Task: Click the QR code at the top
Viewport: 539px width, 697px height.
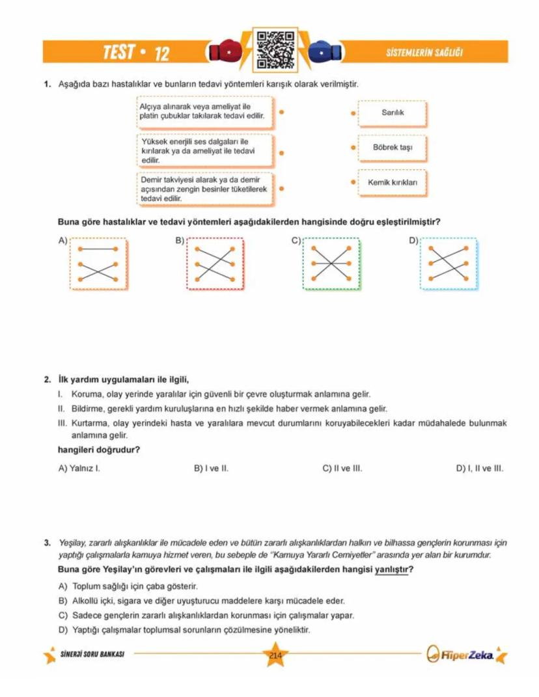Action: [274, 50]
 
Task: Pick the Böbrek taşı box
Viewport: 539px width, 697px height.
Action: [393, 148]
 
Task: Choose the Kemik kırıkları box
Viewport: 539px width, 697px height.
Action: [393, 182]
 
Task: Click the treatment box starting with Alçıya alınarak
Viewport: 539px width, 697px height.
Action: [205, 111]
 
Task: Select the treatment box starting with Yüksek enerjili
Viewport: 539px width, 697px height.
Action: [205, 150]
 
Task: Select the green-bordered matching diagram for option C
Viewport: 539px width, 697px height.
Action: [331, 264]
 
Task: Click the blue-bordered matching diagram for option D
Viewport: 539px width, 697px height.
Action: [449, 264]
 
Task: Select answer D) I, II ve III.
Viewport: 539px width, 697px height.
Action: [479, 468]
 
